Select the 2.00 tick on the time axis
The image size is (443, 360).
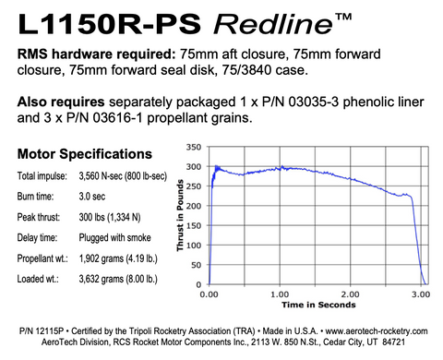(x=352, y=294)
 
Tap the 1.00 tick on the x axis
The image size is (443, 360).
(x=281, y=294)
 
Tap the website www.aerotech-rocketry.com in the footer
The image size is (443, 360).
(x=376, y=330)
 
